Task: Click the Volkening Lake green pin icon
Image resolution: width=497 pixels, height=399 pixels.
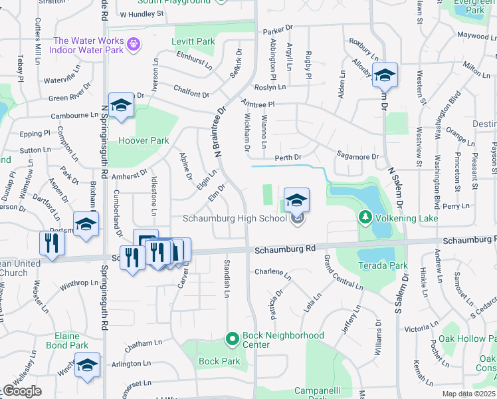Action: pyautogui.click(x=365, y=217)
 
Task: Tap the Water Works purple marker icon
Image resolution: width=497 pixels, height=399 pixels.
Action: pyautogui.click(x=134, y=45)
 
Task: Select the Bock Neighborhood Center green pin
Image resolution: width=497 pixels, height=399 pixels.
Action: pyautogui.click(x=232, y=340)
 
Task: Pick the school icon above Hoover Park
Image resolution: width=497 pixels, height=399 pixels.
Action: pyautogui.click(x=121, y=106)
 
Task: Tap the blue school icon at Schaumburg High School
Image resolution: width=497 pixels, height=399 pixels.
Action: pyautogui.click(x=296, y=199)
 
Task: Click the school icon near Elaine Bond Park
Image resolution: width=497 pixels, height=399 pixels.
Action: pyautogui.click(x=86, y=365)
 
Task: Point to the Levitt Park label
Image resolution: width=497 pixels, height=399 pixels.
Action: pyautogui.click(x=193, y=41)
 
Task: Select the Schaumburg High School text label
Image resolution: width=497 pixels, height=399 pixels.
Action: pyautogui.click(x=235, y=219)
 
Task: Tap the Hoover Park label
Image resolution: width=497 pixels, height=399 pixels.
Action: pyautogui.click(x=144, y=140)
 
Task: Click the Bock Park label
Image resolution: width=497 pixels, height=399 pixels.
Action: pyautogui.click(x=219, y=361)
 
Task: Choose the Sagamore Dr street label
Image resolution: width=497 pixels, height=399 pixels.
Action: pyautogui.click(x=357, y=157)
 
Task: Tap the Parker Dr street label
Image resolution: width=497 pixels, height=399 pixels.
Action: pyautogui.click(x=278, y=30)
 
